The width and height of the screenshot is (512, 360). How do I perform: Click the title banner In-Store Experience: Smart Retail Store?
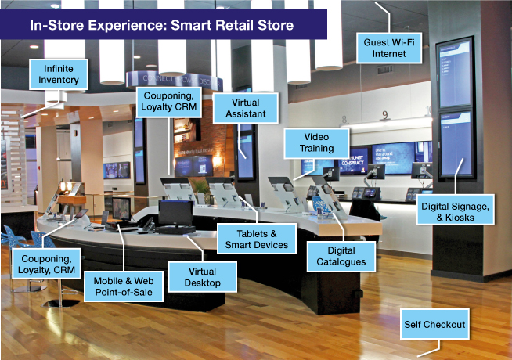click(161, 25)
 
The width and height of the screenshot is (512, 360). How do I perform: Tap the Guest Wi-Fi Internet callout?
click(385, 47)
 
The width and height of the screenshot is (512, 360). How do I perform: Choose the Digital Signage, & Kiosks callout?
click(463, 210)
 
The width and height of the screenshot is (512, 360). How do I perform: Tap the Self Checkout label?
click(434, 324)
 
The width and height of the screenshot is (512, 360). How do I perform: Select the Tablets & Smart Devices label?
click(254, 238)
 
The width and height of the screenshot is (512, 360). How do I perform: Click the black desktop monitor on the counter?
click(175, 213)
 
